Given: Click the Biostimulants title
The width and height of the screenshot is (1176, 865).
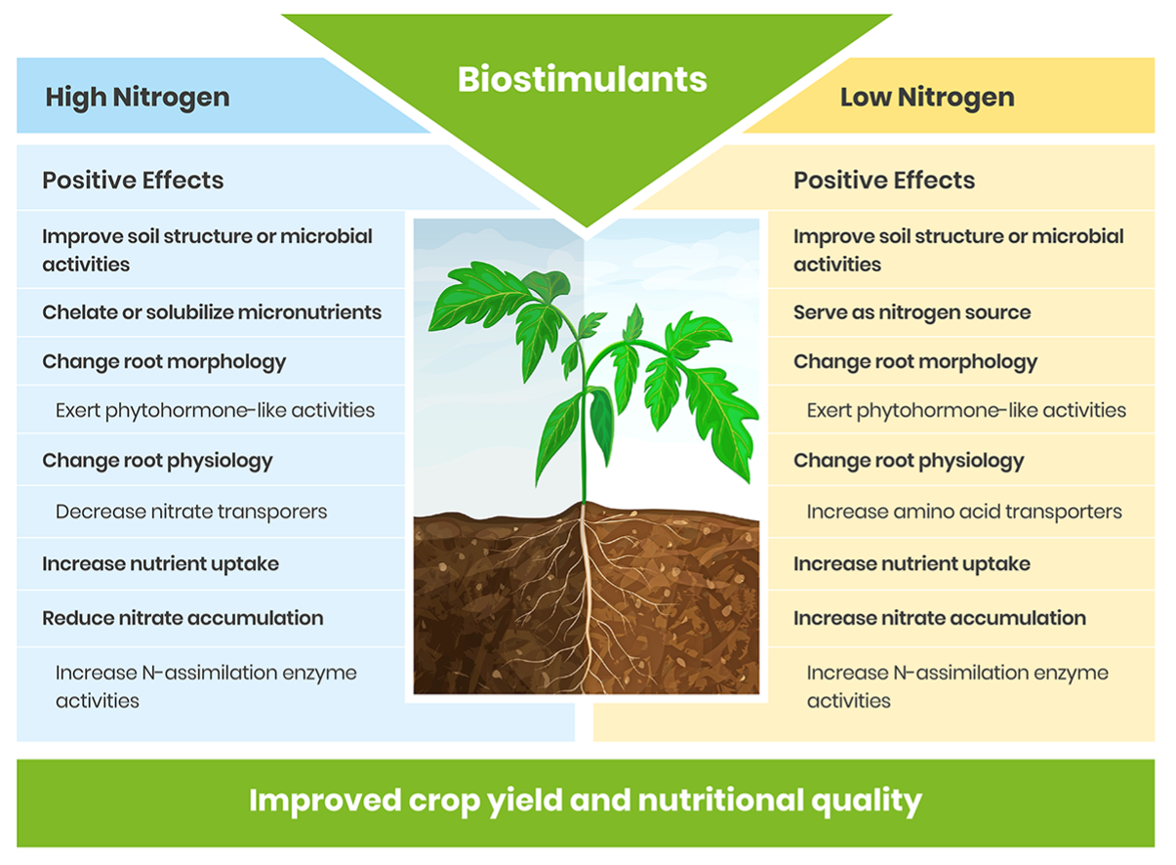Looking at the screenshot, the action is (583, 79).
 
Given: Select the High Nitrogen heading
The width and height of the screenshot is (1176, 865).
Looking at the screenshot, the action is (138, 98).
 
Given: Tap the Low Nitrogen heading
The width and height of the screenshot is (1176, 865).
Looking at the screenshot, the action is (927, 98).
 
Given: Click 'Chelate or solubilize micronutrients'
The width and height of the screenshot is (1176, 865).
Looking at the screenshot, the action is (212, 312).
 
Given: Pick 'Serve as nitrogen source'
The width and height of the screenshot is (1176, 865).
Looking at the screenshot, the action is (912, 312).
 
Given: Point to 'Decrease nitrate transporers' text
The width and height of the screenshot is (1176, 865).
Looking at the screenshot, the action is (191, 512).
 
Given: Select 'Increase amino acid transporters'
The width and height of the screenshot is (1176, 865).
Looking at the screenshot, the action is (964, 512).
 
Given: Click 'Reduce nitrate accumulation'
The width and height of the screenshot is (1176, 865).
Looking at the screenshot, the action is (182, 618).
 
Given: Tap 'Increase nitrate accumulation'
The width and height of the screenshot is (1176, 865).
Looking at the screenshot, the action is (940, 618).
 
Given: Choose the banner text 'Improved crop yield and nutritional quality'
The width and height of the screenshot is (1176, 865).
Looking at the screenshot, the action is (586, 802).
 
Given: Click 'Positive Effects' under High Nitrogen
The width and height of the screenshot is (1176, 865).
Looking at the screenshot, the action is (133, 181).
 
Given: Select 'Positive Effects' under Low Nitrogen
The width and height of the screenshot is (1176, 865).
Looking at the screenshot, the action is (884, 181).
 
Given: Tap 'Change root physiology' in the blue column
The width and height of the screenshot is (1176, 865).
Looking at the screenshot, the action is (157, 461).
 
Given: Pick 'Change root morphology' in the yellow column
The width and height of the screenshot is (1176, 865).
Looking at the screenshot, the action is (915, 362).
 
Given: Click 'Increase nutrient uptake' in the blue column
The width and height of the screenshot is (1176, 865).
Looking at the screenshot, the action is (161, 564).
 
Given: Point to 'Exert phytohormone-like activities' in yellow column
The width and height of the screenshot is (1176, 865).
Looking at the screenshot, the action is (966, 411).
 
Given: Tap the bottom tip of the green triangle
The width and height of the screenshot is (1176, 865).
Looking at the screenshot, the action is (587, 227).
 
